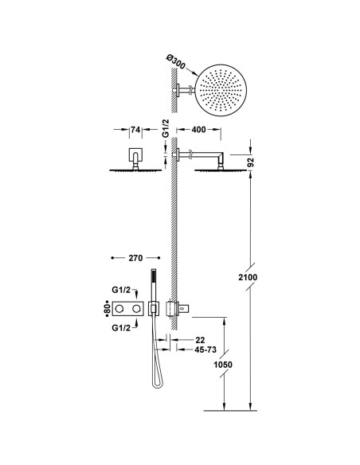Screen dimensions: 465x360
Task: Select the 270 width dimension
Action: coord(134,258)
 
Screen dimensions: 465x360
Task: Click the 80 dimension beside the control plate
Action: coord(105,307)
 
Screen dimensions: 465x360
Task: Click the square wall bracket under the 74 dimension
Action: coord(134,156)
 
